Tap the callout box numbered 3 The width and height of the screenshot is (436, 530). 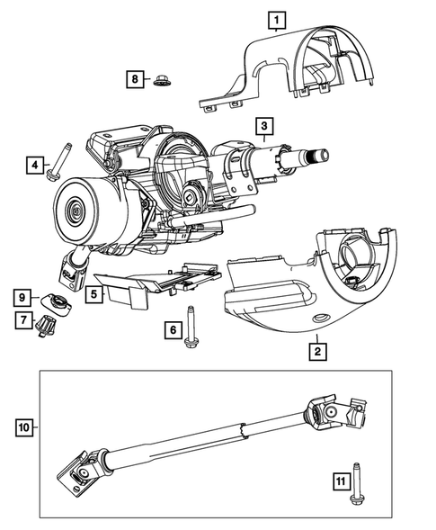click(263, 124)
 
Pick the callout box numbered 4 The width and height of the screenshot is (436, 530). click(34, 165)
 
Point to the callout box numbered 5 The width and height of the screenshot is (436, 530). click(93, 292)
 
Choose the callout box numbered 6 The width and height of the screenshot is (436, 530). click(171, 330)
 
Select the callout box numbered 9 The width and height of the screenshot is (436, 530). click(18, 295)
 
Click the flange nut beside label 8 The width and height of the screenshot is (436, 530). click(163, 80)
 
